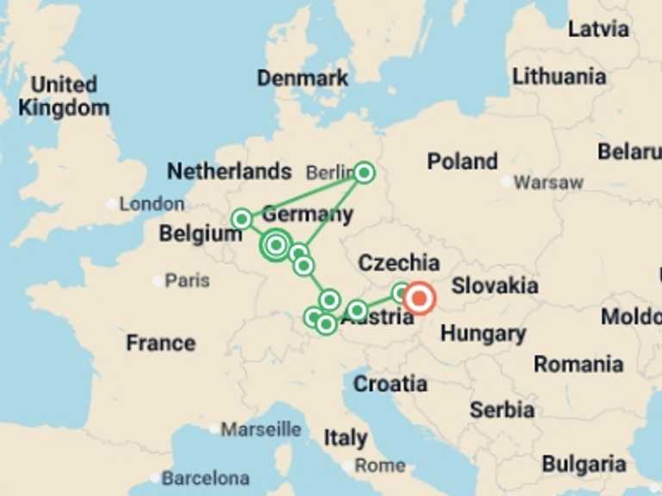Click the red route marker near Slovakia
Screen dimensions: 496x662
point(420,299)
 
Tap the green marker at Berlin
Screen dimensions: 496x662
point(365,173)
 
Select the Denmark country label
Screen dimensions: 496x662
point(303,78)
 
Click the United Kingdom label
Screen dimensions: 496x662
point(64,96)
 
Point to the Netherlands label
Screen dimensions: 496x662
point(229,170)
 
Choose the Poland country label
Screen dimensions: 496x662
point(462,161)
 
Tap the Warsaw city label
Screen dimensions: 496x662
point(548,183)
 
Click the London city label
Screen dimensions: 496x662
point(152,204)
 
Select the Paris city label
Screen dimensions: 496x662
point(187,281)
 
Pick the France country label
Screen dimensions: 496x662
point(160,343)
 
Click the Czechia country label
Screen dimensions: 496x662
point(398,263)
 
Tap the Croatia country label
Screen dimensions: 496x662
point(390,383)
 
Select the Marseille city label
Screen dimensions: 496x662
point(261,429)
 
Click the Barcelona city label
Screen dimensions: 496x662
point(206,477)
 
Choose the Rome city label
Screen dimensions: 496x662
point(380,465)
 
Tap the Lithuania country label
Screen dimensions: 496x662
point(559,77)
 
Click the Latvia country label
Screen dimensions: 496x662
point(598,29)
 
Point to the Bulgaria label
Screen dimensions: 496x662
point(584,464)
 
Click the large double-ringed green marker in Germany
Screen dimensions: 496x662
point(276,245)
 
